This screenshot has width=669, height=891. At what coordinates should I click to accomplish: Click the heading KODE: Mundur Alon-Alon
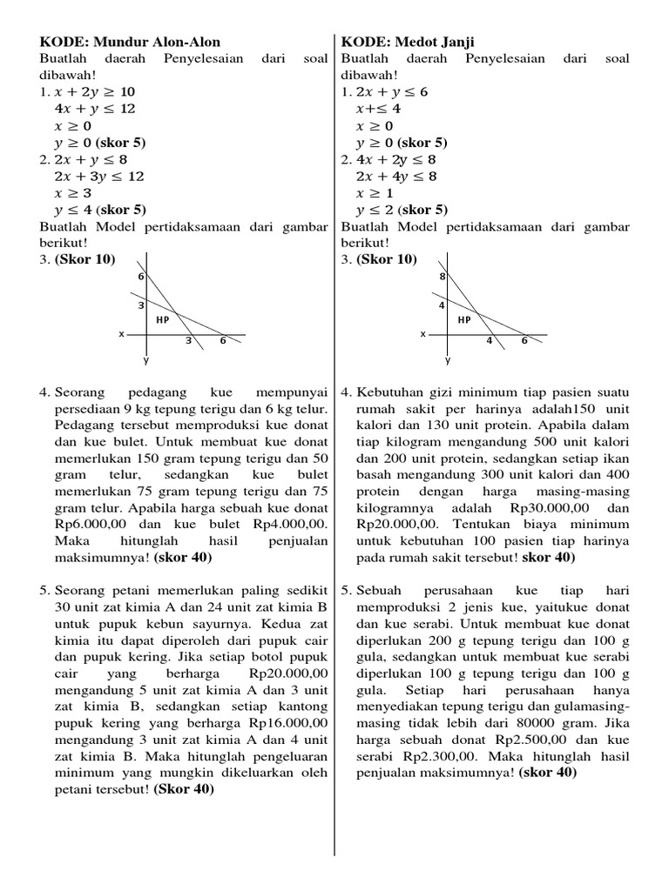coord(130,42)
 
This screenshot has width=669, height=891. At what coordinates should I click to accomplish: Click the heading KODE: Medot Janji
coord(409,42)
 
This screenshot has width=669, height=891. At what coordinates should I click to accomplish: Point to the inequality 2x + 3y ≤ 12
coord(98,176)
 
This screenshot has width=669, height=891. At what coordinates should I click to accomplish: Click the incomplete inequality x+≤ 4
coord(378,109)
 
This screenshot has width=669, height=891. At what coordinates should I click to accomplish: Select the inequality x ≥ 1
coord(375,192)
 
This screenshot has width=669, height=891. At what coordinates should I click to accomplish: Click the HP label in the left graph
coord(162,320)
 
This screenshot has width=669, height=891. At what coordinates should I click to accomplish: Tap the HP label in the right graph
coord(463,320)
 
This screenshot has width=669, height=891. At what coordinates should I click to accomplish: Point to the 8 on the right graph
coord(443,276)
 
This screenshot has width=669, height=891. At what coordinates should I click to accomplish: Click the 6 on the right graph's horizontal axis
coord(524,341)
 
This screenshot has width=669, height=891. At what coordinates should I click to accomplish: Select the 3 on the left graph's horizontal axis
coord(187,341)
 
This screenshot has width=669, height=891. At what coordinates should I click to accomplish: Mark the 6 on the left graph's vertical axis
coord(139,276)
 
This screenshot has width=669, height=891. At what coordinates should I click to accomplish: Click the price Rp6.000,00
coord(93,525)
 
